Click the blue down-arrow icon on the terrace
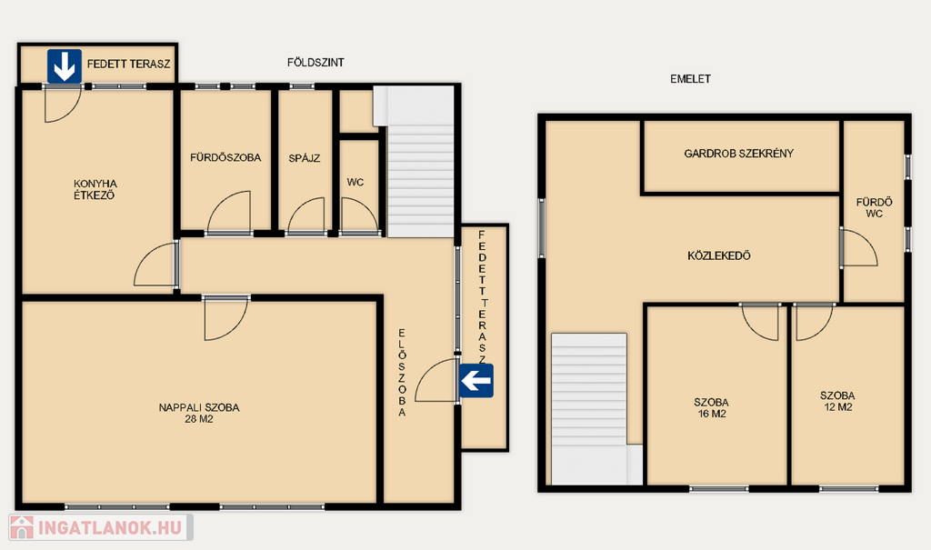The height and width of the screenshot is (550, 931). (x=65, y=66)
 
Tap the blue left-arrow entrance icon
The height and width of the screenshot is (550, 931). (x=476, y=381)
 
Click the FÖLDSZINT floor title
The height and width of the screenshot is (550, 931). (x=315, y=63)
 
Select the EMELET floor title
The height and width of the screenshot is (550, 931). (x=691, y=78)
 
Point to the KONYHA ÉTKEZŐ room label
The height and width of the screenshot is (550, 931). (x=95, y=189)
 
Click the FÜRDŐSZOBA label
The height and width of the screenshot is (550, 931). (x=225, y=157)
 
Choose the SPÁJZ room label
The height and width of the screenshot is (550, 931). (x=305, y=158)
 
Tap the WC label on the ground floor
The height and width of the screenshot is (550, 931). (x=355, y=183)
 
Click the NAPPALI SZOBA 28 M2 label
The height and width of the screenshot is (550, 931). (x=199, y=413)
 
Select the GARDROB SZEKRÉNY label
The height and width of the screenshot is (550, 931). (x=738, y=154)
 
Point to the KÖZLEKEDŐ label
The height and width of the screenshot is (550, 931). (x=719, y=256)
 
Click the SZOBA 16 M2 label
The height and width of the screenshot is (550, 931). (x=711, y=407)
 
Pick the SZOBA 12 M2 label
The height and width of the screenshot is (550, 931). (x=837, y=401)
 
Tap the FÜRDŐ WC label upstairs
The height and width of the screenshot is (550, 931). (x=874, y=208)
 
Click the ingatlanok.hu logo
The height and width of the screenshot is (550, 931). (x=101, y=527)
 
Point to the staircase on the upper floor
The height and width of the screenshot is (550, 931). (x=589, y=409)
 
